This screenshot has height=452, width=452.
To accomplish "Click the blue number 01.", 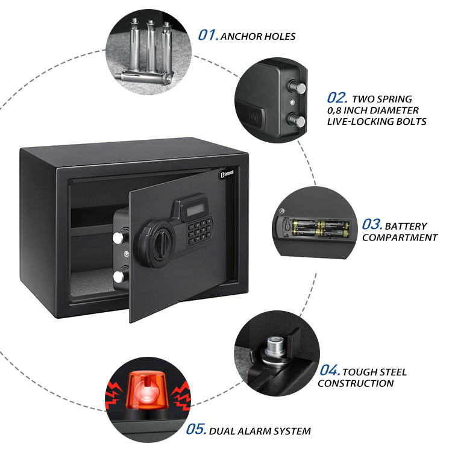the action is (x=208, y=35).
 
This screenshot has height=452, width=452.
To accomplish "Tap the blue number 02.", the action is (x=337, y=98).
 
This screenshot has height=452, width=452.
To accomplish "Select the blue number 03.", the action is (x=372, y=225).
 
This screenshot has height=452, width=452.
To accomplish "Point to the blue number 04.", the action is (x=330, y=371).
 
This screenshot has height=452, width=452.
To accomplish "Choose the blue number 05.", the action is (x=196, y=429).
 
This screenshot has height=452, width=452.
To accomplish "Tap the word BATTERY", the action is (x=406, y=226).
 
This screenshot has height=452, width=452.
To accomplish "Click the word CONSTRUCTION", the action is (x=356, y=383).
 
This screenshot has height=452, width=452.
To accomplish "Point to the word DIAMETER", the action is (x=394, y=110).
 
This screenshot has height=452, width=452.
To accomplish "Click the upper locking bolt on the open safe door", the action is (x=119, y=237).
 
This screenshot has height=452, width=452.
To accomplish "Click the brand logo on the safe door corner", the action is (x=227, y=174).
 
